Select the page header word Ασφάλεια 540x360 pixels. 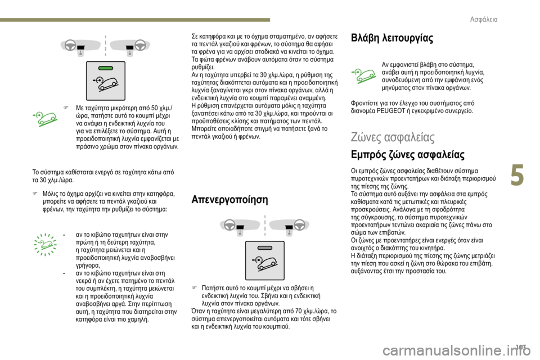click(x=483, y=20)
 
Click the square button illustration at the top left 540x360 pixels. click(x=105, y=80)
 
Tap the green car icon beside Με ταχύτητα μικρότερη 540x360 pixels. click(x=46, y=118)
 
